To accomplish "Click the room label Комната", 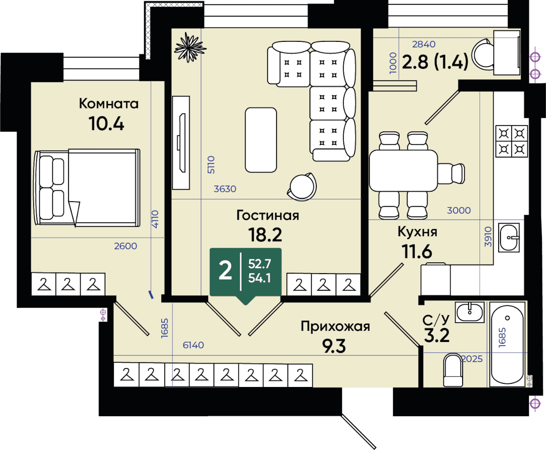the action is [x=109, y=103].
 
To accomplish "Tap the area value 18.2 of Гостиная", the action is [x=265, y=234].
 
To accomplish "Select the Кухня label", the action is [x=417, y=232].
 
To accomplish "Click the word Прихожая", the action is [x=335, y=326].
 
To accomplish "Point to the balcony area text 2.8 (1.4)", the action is [x=435, y=62].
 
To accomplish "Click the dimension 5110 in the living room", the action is [x=211, y=165].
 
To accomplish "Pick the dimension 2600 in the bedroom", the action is [x=126, y=246].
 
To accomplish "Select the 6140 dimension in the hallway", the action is [x=193, y=345].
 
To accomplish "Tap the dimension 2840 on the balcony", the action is [x=424, y=45].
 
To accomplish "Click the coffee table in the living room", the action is [x=261, y=140].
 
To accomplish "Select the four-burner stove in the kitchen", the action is [x=512, y=141].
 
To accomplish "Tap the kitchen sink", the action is [x=509, y=238].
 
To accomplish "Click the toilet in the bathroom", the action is [x=453, y=370].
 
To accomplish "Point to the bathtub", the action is [x=507, y=344].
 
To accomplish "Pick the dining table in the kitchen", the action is [x=403, y=171].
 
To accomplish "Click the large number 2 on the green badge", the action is [x=225, y=270].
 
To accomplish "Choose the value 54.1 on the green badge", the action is [x=259, y=278].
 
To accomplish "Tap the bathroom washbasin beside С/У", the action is [x=470, y=312].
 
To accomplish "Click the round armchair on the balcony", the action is [x=482, y=54].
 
